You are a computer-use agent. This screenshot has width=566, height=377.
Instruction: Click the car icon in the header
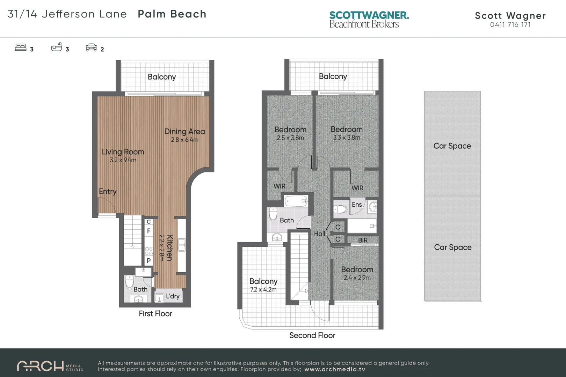pos(91,47)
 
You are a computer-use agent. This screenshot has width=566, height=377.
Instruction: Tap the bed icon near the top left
pos(21,47)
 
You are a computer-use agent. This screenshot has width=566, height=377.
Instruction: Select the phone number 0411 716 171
pos(510,25)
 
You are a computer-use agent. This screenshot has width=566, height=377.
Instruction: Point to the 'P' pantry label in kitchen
pos(149,260)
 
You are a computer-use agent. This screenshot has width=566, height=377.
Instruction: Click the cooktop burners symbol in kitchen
pos(149,251)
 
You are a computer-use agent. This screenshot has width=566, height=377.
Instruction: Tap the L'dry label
pos(173,296)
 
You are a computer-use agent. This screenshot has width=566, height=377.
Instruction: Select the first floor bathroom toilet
pos(129,281)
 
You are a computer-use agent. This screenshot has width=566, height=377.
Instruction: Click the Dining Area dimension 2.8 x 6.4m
pos(184,140)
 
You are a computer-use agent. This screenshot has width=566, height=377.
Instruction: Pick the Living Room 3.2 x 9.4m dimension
pos(123,160)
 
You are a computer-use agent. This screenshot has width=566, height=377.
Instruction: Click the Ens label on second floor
pos(357,205)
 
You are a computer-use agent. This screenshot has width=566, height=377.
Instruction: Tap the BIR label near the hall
pos(363,240)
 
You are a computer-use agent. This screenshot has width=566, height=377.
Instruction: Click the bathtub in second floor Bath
pos(296,201)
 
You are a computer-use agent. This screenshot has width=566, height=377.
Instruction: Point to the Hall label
pos(319,234)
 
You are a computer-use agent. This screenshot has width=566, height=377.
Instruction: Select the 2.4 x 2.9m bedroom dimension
pos(357,278)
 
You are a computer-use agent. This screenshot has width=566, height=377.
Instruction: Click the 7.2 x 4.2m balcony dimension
pos(263,290)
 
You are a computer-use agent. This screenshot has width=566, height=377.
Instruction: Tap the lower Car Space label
pos(452,247)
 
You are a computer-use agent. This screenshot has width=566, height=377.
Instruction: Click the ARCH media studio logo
pos(50,366)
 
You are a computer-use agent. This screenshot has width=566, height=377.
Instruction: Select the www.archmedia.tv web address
pos(335,369)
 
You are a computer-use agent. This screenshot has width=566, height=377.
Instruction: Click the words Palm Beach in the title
pos(172,14)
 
